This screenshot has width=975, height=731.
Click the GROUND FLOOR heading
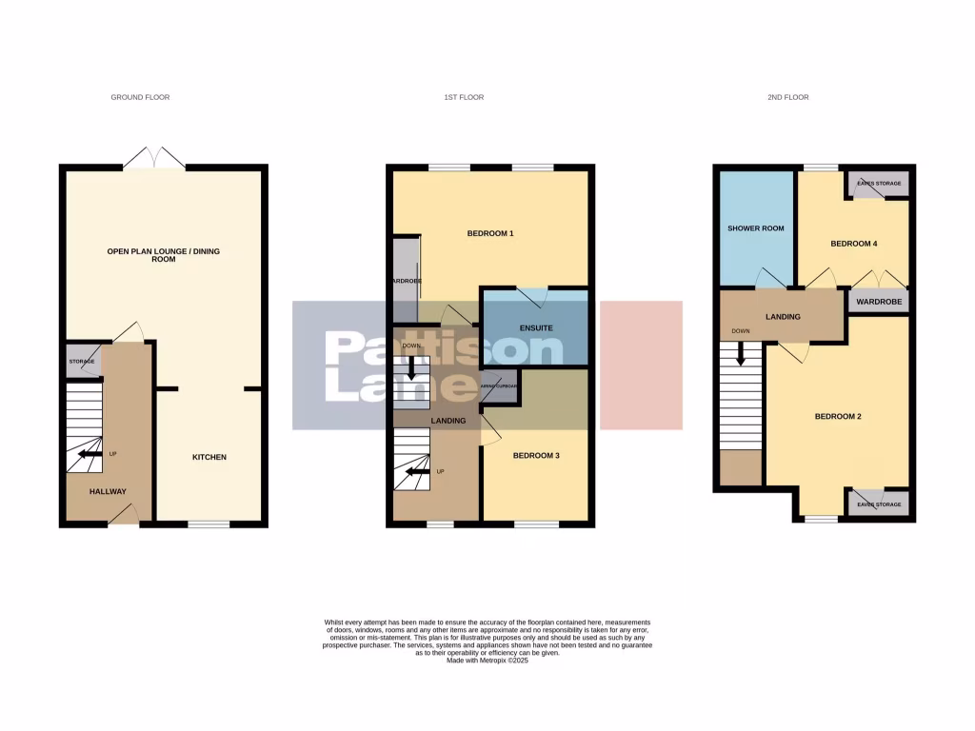pyautogui.click(x=140, y=97)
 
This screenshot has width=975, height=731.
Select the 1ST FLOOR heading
pyautogui.click(x=464, y=97)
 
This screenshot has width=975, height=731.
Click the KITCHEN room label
pyautogui.click(x=209, y=458)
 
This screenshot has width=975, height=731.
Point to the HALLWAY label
pyautogui.click(x=108, y=491)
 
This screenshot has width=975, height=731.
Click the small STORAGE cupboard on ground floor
pyautogui.click(x=80, y=362)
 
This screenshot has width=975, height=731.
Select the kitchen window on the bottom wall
pyautogui.click(x=209, y=524)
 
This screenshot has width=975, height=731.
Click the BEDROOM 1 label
pyautogui.click(x=490, y=233)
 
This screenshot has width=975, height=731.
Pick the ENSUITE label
pyautogui.click(x=536, y=328)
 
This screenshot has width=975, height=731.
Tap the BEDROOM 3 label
pyautogui.click(x=536, y=456)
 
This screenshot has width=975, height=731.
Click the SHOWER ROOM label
pyautogui.click(x=755, y=228)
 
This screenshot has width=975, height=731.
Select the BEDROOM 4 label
pyautogui.click(x=853, y=244)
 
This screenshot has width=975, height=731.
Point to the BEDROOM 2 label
pyautogui.click(x=838, y=416)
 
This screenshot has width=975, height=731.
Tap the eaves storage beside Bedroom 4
pyautogui.click(x=878, y=183)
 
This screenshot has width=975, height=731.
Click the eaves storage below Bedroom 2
pyautogui.click(x=878, y=502)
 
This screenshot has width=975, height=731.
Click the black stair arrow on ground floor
pyautogui.click(x=90, y=454)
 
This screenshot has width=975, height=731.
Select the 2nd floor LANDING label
pyautogui.click(x=783, y=317)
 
